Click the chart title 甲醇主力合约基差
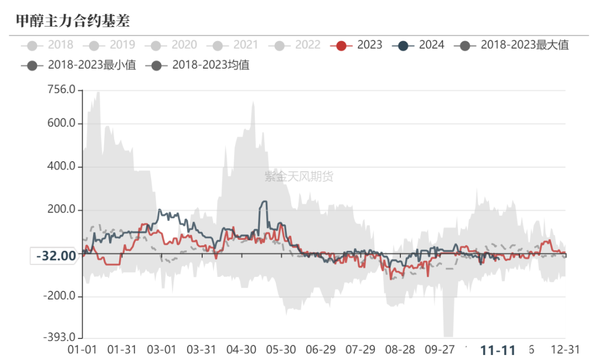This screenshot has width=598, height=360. (73, 21)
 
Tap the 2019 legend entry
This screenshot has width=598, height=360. (109, 45)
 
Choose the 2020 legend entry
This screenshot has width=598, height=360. (171, 45)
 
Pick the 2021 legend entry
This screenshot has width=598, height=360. (233, 45)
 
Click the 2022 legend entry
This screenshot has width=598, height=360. (295, 45)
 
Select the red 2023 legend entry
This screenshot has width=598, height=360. (357, 45)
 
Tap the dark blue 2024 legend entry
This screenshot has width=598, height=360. (419, 45)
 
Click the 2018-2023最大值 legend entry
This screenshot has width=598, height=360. (512, 45)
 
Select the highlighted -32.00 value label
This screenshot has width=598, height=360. (56, 256)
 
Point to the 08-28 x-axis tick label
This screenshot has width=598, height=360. (400, 350)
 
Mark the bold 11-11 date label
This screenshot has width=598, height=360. (498, 351)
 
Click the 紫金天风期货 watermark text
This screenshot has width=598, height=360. (299, 177)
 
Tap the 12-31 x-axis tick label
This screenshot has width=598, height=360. (565, 350)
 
